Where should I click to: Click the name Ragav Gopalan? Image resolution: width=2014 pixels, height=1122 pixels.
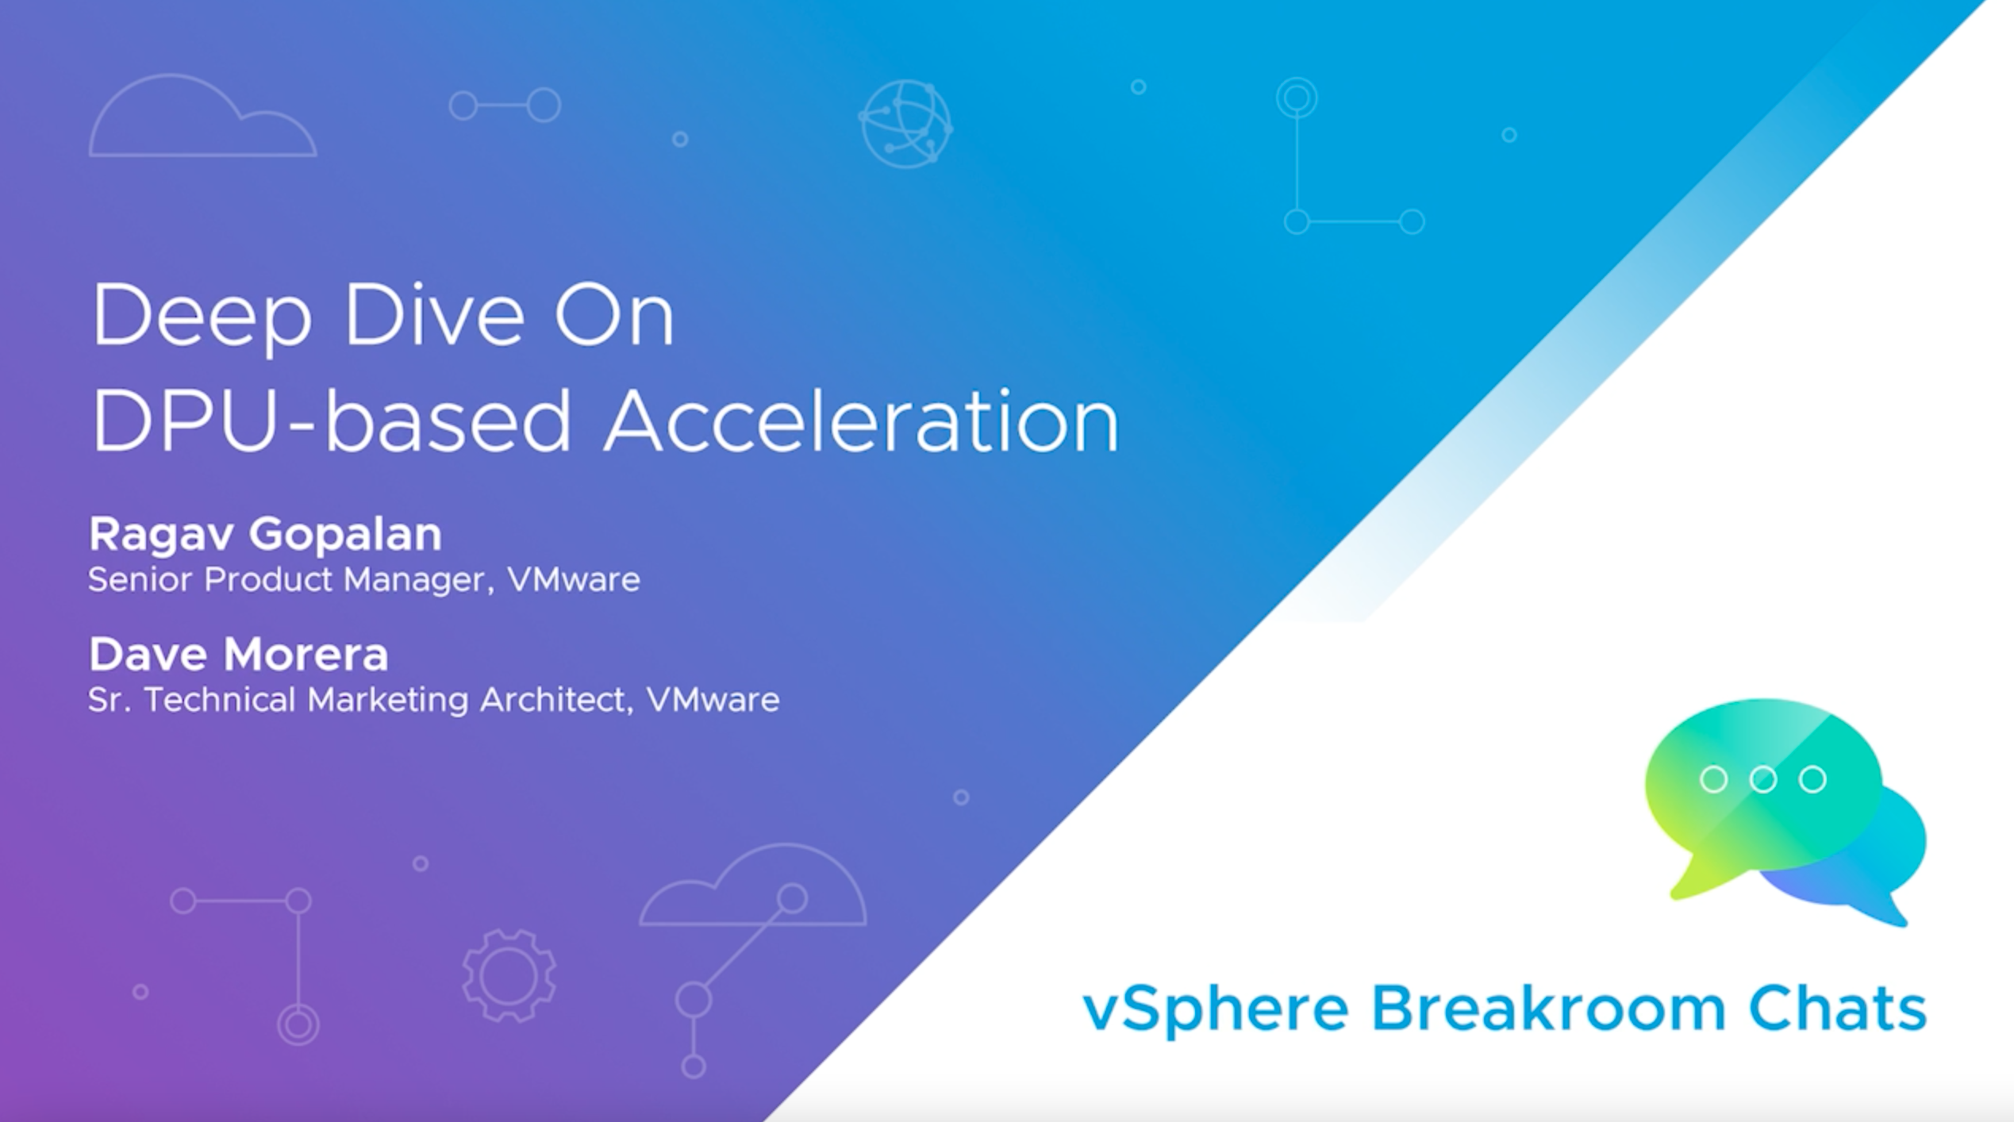click(265, 534)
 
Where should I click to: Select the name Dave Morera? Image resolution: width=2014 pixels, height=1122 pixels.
click(238, 655)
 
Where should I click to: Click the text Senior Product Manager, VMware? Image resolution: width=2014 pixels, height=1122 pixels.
click(363, 580)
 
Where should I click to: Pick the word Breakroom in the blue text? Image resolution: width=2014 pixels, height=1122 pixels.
click(1547, 1008)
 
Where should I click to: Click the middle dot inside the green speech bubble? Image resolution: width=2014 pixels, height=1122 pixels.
click(1762, 779)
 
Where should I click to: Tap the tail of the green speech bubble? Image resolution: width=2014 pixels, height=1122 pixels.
click(1690, 881)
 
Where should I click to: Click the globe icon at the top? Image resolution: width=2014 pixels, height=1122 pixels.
click(905, 124)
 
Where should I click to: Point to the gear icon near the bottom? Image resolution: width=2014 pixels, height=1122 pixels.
click(509, 975)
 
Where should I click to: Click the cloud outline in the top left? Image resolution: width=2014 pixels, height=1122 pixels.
click(202, 119)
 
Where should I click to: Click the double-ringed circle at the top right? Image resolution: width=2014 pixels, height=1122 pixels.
click(1297, 98)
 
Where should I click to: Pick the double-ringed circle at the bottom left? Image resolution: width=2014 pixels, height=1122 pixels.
click(298, 1024)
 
